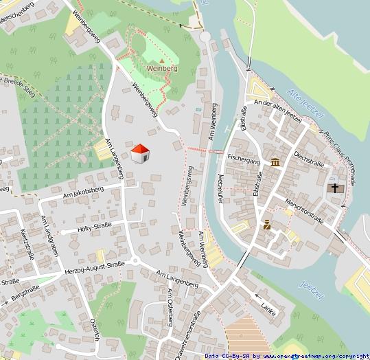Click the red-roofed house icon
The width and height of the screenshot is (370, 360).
[140, 154]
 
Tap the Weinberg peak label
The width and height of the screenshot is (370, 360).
[163, 69]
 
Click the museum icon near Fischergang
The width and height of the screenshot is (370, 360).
[275, 162]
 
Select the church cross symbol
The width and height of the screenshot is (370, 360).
[335, 188]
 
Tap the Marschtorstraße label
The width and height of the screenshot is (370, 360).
[305, 208]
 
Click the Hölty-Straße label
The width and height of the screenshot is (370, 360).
[95, 226]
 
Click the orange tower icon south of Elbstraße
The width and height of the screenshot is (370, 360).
[267, 225]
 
